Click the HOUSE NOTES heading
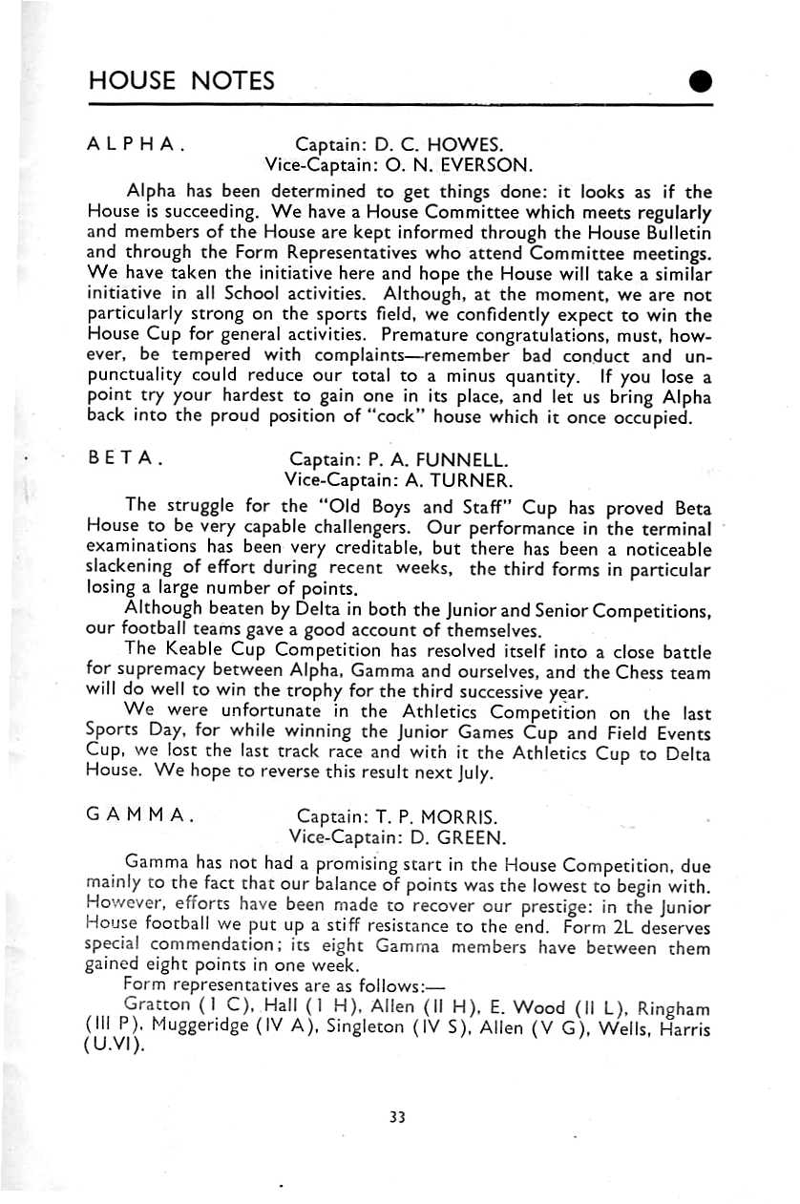(181, 80)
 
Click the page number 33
(399, 1116)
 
